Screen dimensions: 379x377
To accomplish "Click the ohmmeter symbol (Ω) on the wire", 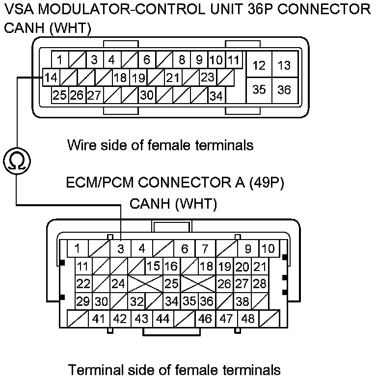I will click(17, 161).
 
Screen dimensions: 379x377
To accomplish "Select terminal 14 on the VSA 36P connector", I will click(51, 78).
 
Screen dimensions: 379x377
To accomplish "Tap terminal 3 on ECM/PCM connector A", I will click(120, 249).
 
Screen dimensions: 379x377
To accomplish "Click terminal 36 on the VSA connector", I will click(284, 90).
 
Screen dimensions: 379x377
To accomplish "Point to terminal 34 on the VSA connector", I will click(216, 96).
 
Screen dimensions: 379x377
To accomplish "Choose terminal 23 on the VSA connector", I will click(208, 78).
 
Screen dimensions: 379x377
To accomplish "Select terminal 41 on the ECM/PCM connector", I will click(99, 319).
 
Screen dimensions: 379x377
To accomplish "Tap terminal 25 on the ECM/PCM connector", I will click(171, 284).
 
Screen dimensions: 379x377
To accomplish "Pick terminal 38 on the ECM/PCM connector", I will click(242, 301).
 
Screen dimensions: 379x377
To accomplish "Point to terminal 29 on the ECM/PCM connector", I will click(83, 301).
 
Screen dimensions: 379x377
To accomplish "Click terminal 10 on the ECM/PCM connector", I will click(268, 249).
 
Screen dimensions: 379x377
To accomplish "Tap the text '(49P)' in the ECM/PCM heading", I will click(267, 183).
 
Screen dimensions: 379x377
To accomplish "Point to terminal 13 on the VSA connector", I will click(284, 65).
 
